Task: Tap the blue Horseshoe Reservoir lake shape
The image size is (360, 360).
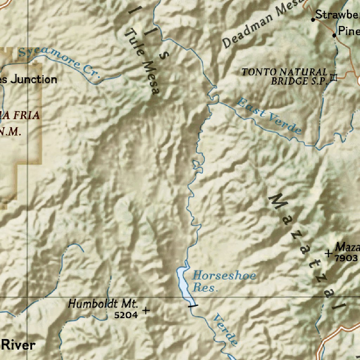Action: pyautogui.click(x=184, y=281)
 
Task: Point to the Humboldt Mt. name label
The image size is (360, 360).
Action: pyautogui.click(x=103, y=303)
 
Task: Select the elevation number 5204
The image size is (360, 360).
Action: pyautogui.click(x=126, y=315)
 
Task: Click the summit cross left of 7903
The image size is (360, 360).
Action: pyautogui.click(x=329, y=253)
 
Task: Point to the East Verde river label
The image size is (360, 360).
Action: pyautogui.click(x=269, y=116)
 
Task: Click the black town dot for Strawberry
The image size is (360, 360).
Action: pyautogui.click(x=313, y=20)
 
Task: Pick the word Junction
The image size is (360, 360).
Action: pyautogui.click(x=34, y=79)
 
